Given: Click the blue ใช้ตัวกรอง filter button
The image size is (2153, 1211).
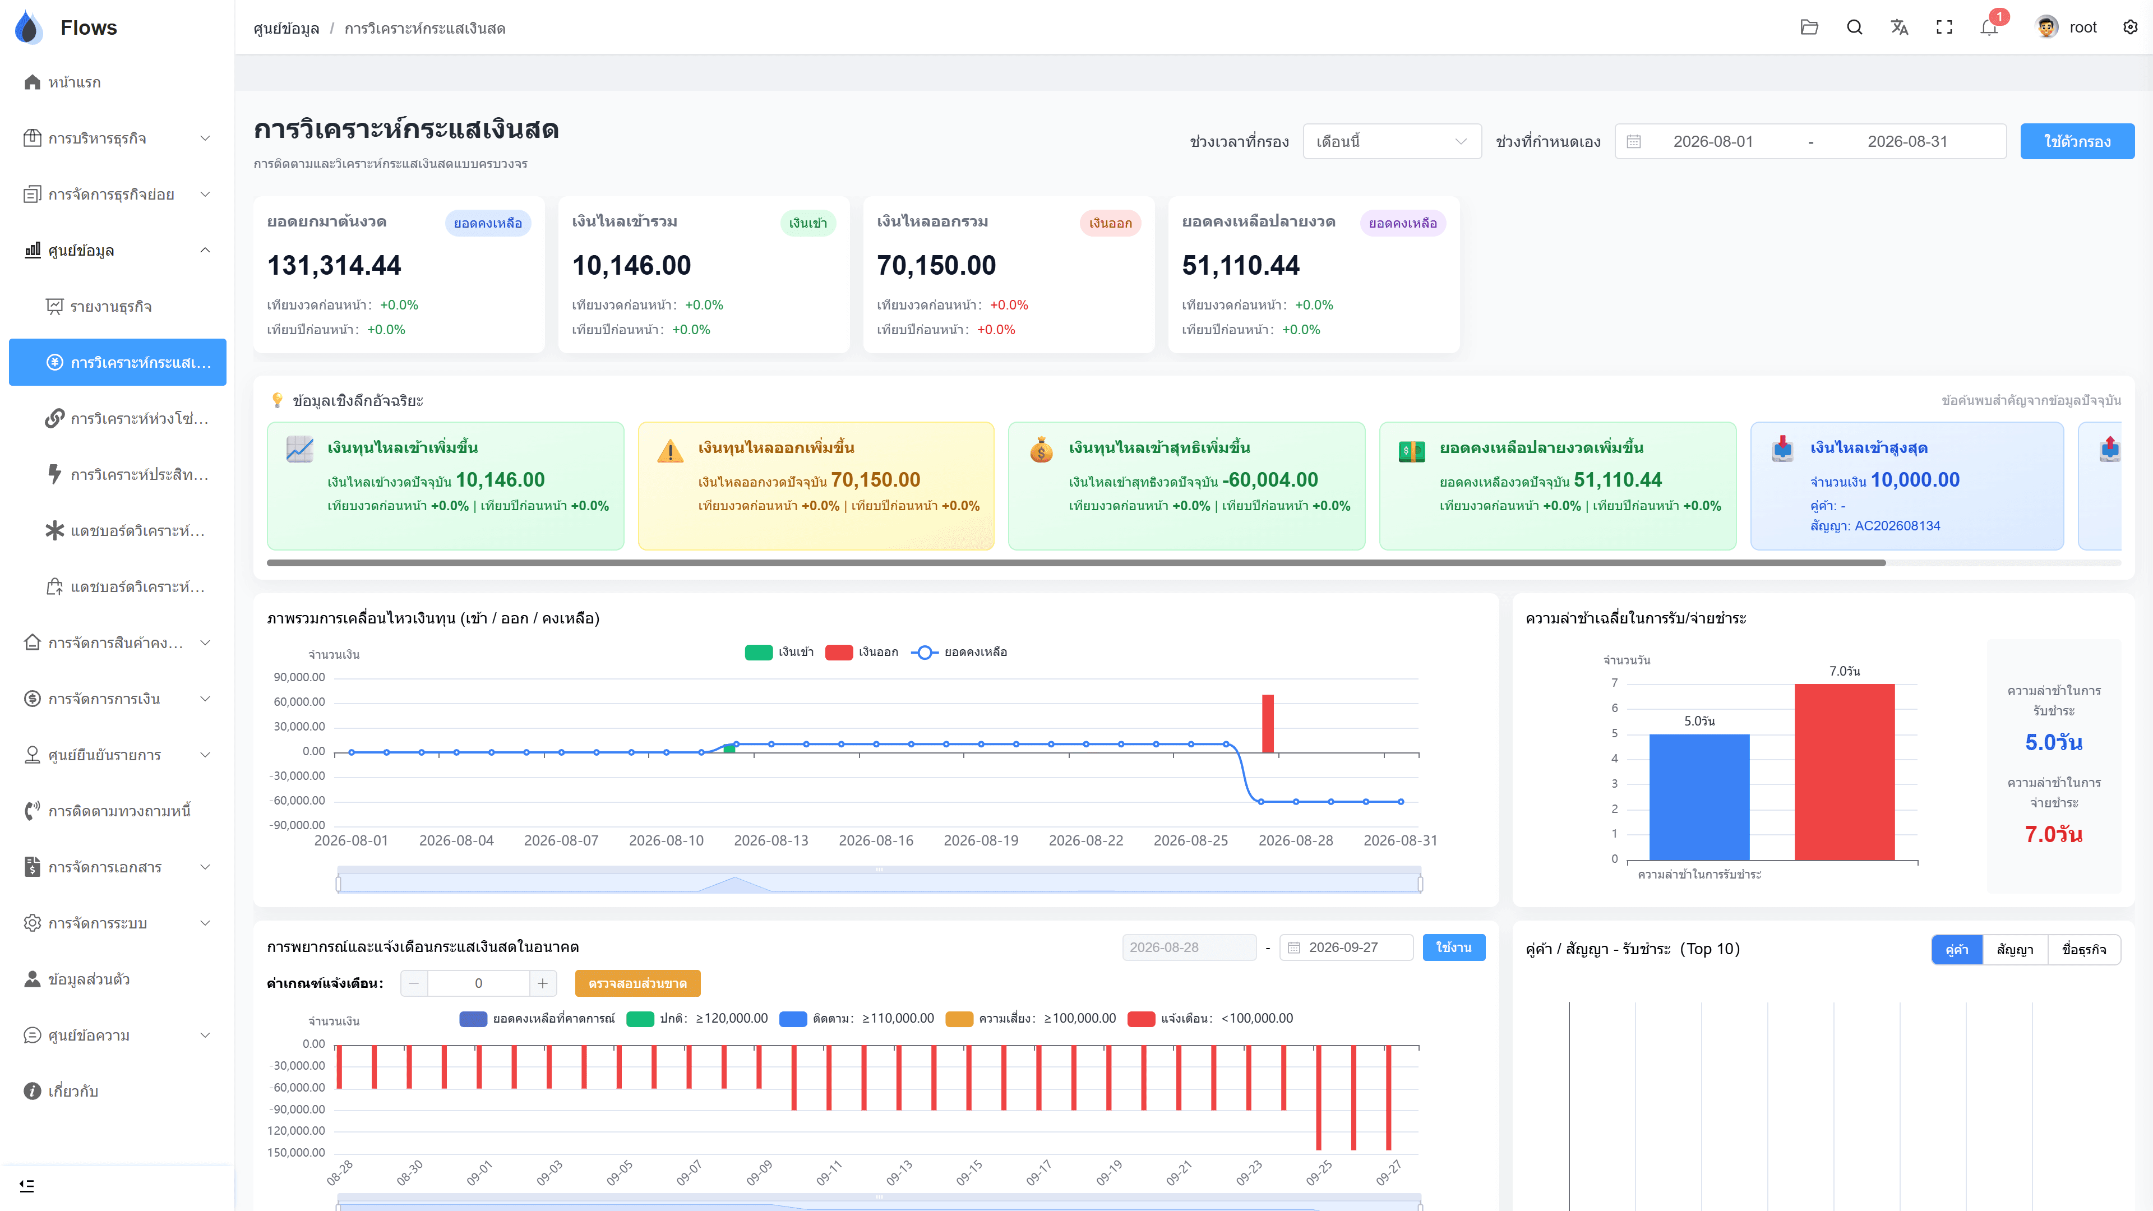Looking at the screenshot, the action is click(x=2077, y=141).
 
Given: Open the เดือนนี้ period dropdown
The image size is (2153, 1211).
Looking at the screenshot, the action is click(x=1392, y=141).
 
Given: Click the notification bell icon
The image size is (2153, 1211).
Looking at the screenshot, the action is click(x=1989, y=27).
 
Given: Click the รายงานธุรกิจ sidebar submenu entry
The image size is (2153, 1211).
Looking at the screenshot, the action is click(x=110, y=307).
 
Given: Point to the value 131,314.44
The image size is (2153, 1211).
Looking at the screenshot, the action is click(x=334, y=265).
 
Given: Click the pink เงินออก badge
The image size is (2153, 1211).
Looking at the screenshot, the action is click(x=1110, y=223).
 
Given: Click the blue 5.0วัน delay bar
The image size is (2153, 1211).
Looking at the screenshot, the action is click(x=1699, y=797).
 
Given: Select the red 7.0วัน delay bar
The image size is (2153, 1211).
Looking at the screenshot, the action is click(x=1845, y=772).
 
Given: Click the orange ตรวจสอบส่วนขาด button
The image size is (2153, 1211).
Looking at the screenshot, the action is click(x=637, y=984).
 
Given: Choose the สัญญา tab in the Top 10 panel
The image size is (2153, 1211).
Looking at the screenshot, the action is click(x=2015, y=949).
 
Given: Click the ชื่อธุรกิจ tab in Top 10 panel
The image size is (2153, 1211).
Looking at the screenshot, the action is click(x=2083, y=949).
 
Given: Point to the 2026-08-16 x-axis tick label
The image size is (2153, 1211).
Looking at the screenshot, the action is click(x=876, y=841).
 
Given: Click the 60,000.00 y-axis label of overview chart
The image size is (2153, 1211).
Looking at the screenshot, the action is click(x=299, y=702).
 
